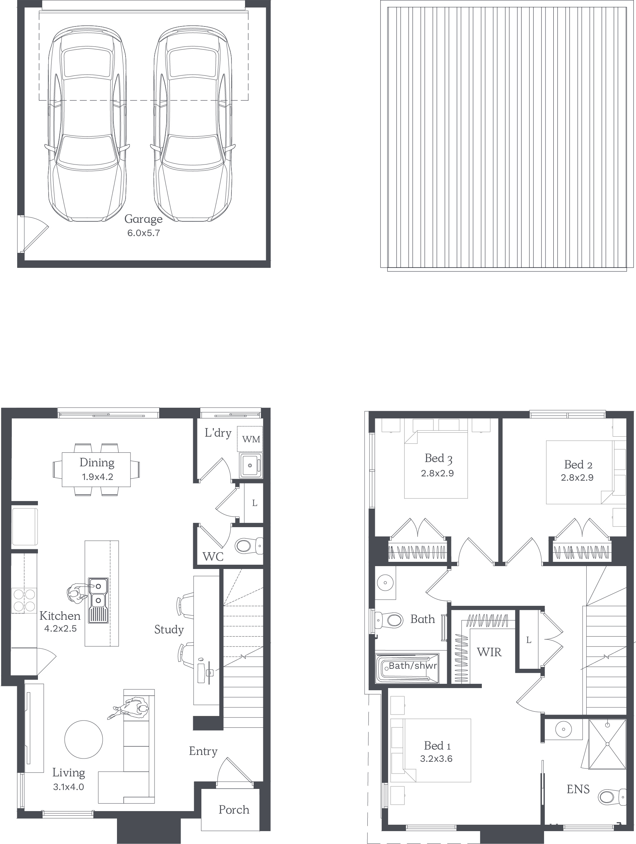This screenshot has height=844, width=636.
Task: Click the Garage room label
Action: click(143, 219)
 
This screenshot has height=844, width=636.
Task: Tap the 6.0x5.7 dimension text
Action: click(143, 233)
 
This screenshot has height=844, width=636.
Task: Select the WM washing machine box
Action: click(250, 439)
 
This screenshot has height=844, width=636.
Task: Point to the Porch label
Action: click(234, 809)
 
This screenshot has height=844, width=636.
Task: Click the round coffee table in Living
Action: click(84, 739)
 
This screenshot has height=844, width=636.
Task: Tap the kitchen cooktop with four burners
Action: click(24, 600)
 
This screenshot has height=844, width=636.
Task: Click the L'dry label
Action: click(218, 433)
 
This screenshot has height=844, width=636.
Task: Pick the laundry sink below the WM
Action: click(250, 465)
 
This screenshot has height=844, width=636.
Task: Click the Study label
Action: click(169, 629)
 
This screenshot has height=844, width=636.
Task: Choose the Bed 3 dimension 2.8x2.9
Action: click(437, 473)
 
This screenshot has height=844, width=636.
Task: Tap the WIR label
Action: click(489, 652)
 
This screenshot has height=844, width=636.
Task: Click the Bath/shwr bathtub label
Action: click(412, 666)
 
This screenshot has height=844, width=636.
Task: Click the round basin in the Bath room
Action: click(385, 583)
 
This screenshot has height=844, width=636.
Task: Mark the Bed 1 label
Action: click(437, 745)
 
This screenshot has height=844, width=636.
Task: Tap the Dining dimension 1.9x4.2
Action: click(97, 477)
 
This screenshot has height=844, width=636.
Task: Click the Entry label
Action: click(203, 751)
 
